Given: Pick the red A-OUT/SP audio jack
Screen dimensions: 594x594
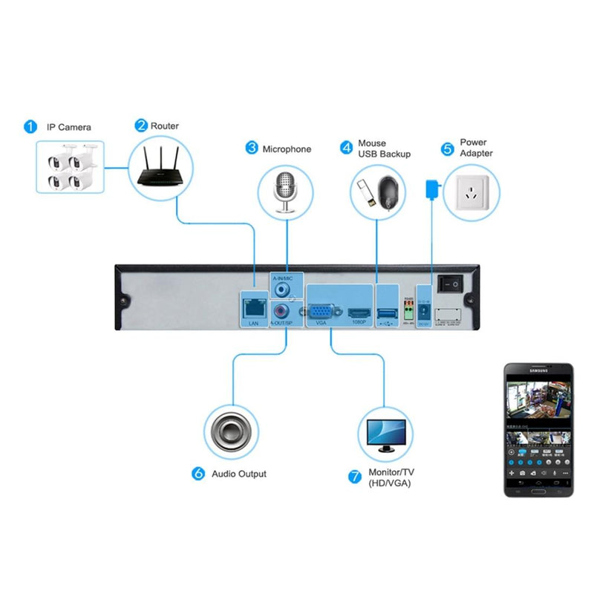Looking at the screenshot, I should click(x=281, y=311).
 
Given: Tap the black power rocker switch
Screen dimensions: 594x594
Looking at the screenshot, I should click(x=448, y=283).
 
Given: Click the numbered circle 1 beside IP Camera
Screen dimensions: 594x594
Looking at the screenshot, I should click(x=30, y=126).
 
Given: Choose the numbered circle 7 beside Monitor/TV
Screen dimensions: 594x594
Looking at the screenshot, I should click(x=355, y=476).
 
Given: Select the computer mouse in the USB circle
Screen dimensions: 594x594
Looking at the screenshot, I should click(x=391, y=195).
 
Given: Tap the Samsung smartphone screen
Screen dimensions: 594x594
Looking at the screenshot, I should click(x=538, y=431).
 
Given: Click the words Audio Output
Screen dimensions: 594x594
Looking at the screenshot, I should click(x=239, y=474).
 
